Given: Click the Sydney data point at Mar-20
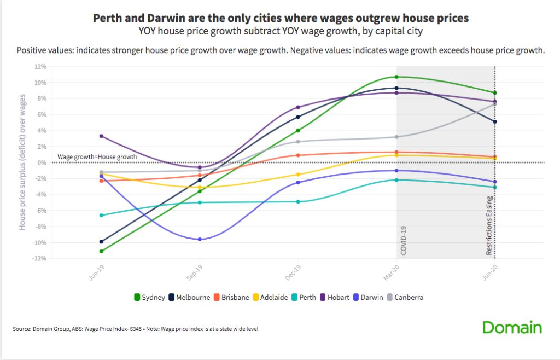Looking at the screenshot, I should point(396,77).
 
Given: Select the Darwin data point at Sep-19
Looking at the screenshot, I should point(200,239).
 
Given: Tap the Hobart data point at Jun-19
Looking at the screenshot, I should point(101,136).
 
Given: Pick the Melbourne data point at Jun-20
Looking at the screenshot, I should point(495,121).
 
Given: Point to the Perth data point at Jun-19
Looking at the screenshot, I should point(101,215).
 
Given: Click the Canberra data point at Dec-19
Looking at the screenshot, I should point(298,141).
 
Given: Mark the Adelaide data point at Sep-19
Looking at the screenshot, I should point(200,187).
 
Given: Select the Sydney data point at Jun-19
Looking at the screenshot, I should point(101,251).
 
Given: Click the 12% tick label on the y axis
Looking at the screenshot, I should point(40,67).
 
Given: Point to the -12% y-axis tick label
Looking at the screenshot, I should point(39,259).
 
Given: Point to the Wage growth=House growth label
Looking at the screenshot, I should point(97,157).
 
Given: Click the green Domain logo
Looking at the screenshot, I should point(512,328).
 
